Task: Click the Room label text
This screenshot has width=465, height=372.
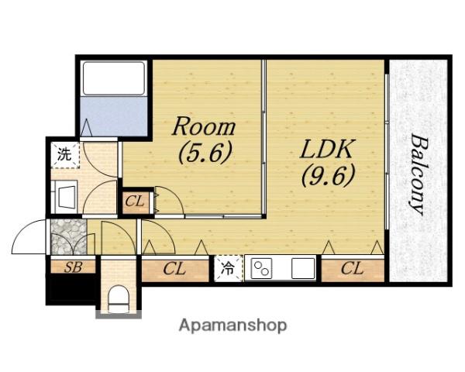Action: [204, 126]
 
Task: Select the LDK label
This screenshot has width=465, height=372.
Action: [327, 149]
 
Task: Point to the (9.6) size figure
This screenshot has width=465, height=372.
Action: [329, 175]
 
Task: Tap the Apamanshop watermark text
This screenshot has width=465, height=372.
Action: [232, 325]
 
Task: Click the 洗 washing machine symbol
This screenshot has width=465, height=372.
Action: [65, 154]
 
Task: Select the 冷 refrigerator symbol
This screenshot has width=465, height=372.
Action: [228, 269]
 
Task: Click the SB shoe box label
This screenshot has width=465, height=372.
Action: [73, 267]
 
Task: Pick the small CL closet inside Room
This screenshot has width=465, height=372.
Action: [136, 202]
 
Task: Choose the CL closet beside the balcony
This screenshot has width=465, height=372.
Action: [353, 269]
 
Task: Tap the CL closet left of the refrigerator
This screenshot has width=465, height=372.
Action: [175, 270]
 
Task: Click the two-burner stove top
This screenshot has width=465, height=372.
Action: [261, 268]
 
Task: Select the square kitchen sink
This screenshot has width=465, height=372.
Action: [303, 268]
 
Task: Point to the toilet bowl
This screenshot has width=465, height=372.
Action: [119, 299]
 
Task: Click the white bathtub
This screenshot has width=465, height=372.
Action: [114, 78]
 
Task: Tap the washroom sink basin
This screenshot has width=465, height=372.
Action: [67, 197]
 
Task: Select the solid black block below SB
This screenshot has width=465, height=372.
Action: [71, 289]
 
